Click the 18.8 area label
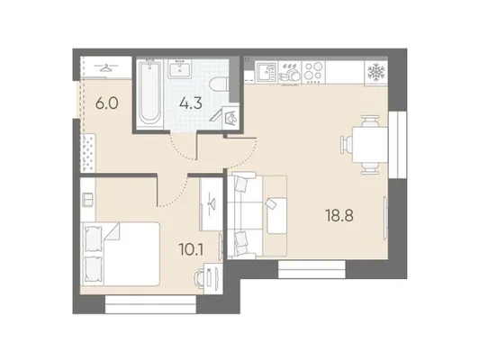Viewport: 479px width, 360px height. pos(339,216)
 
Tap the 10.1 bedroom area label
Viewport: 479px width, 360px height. pos(191,249)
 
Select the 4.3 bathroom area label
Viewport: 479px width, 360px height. pos(191,103)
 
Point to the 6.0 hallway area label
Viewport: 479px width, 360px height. pos(106,103)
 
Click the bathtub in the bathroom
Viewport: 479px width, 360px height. pos(149,93)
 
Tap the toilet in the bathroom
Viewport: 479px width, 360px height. pos(220,85)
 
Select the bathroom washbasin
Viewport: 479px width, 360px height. pos(180,68)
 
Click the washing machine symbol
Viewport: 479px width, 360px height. pos(230,117)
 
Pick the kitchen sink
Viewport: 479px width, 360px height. pos(267,72)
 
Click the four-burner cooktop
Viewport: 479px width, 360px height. pos(313,72)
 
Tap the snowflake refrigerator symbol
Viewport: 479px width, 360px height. pos(375,72)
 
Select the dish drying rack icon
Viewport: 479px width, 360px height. pos(290,73)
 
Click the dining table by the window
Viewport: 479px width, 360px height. pos(370,145)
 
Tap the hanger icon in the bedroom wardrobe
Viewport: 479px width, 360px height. pos(211,204)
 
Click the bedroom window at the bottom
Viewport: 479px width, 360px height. pos(150,304)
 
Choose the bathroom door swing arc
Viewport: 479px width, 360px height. pos(184,149)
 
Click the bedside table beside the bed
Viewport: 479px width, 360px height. pos(88,200)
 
